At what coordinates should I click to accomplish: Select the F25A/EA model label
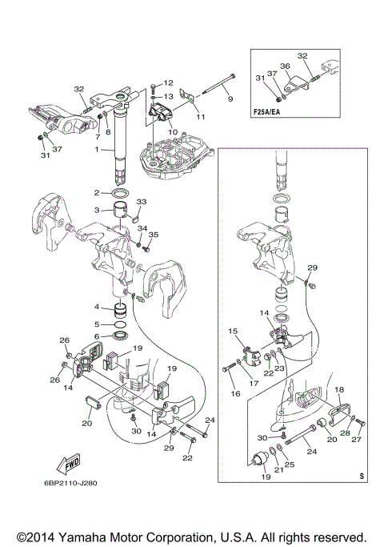coord(266,113)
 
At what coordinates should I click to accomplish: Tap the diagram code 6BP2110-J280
coord(70,484)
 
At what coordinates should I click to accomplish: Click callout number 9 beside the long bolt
coord(230,99)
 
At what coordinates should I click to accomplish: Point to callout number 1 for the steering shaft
coord(97,150)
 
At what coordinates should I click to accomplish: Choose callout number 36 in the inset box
coord(285,66)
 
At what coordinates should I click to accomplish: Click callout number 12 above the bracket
coord(168,82)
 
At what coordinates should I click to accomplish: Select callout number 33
coord(142,202)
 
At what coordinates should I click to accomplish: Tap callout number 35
coord(154,235)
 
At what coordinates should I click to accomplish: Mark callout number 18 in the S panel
coord(339,390)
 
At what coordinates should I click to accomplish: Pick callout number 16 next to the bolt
coord(235,393)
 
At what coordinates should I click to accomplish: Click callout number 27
coord(357,440)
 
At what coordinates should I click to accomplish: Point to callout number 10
coord(173,132)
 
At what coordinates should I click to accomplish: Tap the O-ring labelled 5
coord(121,324)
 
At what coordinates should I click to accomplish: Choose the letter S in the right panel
coord(362,476)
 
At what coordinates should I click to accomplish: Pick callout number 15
coord(233,331)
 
